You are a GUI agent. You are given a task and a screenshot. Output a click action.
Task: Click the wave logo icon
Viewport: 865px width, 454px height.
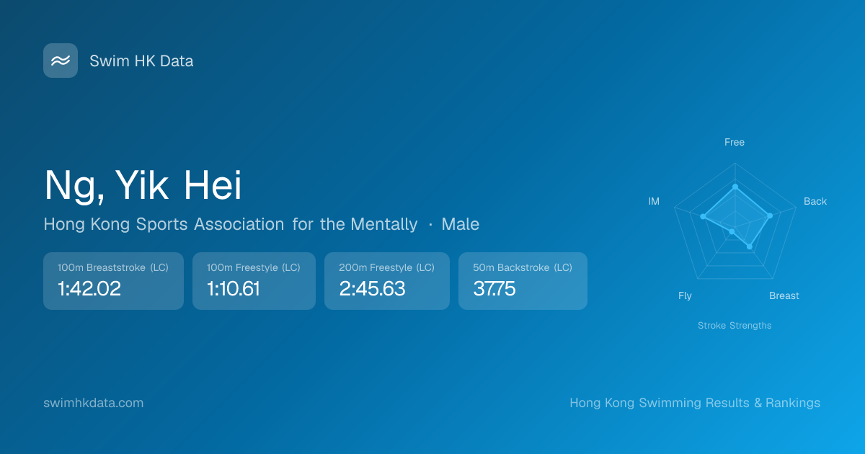(x=61, y=61)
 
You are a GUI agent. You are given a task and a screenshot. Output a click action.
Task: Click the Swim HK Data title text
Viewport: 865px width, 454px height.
(x=141, y=61)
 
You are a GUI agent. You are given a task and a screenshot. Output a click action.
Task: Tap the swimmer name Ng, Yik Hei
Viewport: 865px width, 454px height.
(x=143, y=186)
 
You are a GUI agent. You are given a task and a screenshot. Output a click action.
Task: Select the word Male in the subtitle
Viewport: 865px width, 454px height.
(x=461, y=224)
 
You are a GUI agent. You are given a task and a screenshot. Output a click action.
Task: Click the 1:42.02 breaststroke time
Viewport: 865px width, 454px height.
(x=89, y=288)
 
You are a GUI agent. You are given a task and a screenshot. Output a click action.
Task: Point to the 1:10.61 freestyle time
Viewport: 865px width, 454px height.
(x=234, y=288)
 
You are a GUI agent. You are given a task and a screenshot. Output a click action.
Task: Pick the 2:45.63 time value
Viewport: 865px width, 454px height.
(x=372, y=288)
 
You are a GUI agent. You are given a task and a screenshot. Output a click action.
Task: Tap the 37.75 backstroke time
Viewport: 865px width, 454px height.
(x=494, y=288)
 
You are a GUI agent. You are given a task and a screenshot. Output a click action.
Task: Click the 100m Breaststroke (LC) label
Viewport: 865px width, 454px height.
(x=112, y=267)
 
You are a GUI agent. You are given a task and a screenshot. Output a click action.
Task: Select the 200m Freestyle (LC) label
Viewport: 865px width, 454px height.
(x=386, y=267)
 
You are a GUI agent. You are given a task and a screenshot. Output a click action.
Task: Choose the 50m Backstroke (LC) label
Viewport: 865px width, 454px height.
(x=523, y=267)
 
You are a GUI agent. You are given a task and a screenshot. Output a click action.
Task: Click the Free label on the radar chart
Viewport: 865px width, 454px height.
(x=735, y=142)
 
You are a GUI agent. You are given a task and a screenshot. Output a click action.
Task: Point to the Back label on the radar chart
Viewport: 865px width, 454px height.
(x=815, y=201)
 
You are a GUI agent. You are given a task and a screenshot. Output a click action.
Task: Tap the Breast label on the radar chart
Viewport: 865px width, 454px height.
(x=784, y=295)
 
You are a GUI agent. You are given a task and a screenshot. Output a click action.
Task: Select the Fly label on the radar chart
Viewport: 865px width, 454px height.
(x=685, y=295)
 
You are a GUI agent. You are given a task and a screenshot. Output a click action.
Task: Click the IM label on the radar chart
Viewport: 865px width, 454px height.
(x=654, y=201)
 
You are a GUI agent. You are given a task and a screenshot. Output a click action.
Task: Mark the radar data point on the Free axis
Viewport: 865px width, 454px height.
(x=735, y=187)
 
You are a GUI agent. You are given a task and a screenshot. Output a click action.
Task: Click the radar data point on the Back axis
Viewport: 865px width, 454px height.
(x=770, y=215)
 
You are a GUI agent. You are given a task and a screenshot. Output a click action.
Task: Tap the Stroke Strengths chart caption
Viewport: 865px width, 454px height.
(x=735, y=326)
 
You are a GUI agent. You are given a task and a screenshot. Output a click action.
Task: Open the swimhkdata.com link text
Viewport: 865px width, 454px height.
(x=94, y=403)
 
